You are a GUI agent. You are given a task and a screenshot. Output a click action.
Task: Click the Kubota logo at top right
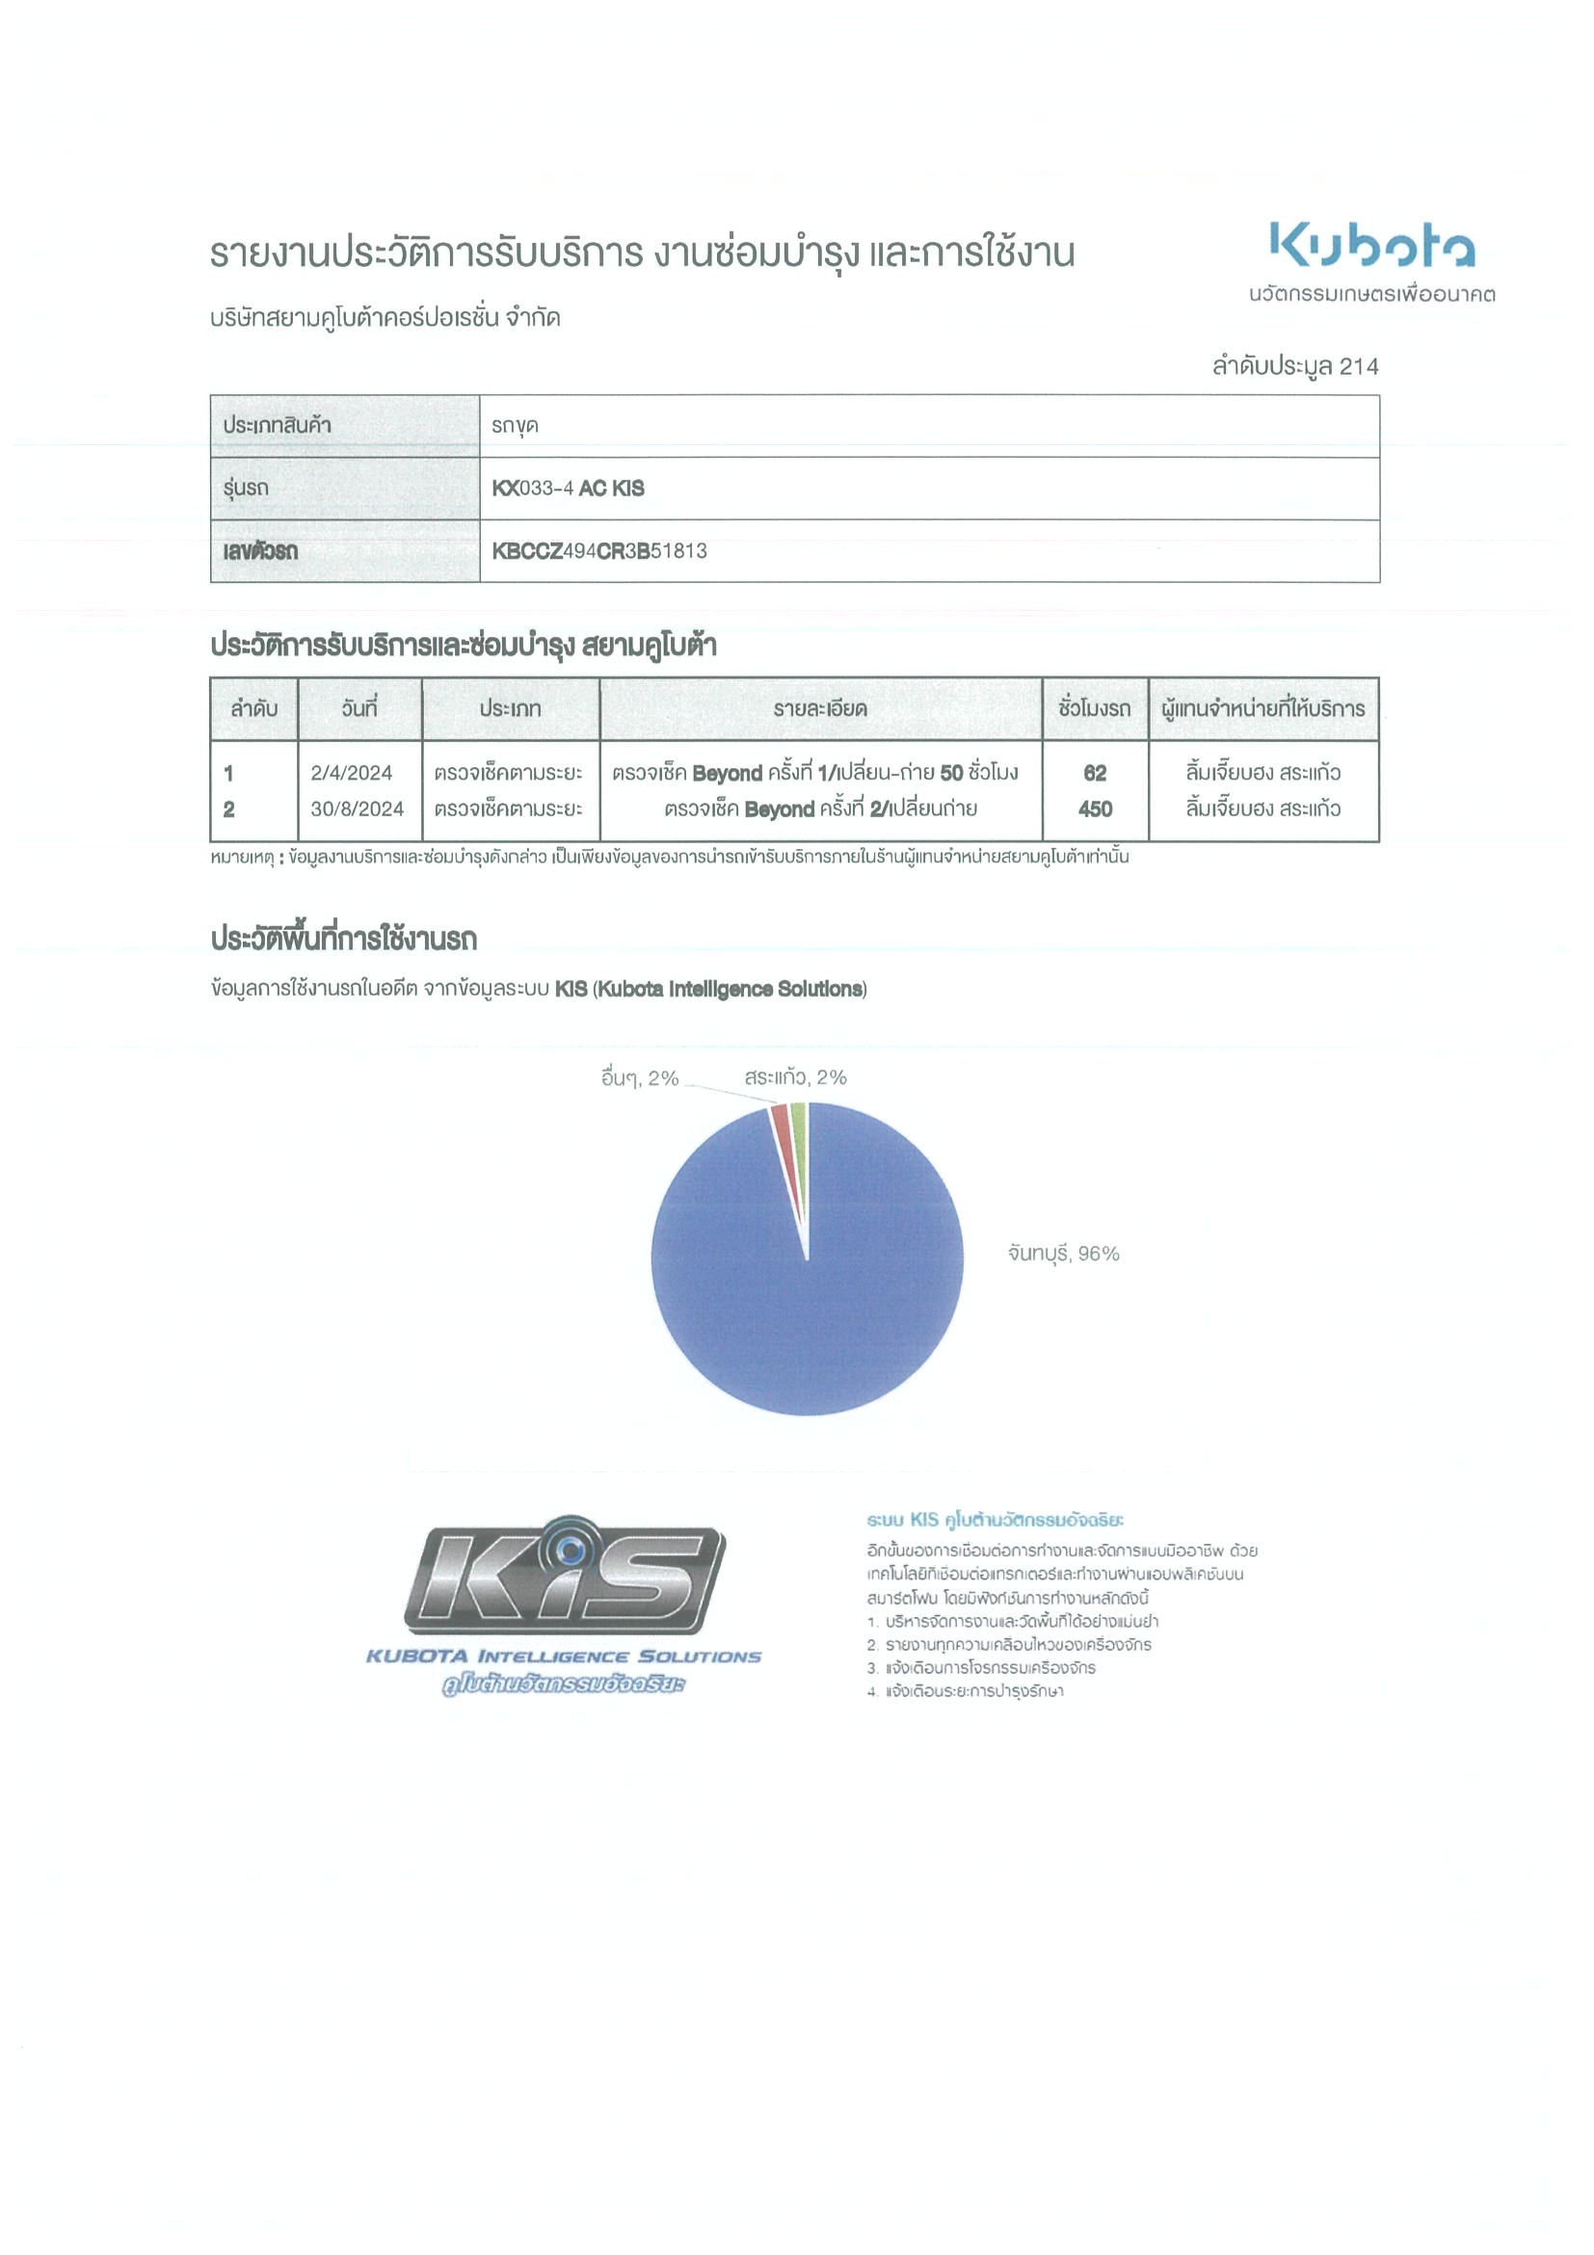point(1371,245)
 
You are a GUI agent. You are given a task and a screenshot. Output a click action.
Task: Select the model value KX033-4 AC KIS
point(568,489)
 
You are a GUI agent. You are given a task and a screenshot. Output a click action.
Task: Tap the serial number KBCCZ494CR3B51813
point(599,551)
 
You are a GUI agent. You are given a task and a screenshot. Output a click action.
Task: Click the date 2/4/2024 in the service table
point(351,773)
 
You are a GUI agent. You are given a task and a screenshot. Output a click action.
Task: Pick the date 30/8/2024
point(357,809)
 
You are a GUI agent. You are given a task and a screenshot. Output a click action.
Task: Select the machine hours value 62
point(1094,773)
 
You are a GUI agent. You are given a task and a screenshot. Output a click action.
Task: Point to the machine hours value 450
point(1094,809)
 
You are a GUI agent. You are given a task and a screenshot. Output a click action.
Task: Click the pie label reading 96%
point(1064,1253)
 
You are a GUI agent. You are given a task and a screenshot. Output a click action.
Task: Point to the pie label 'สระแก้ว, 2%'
point(794,1077)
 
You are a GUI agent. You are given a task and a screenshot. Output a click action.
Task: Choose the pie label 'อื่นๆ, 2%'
point(639,1078)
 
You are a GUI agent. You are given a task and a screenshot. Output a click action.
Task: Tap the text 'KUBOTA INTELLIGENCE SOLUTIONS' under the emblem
point(563,1657)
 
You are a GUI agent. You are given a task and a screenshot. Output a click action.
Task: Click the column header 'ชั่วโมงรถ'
point(1094,708)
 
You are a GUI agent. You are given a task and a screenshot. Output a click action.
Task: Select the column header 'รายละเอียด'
point(819,708)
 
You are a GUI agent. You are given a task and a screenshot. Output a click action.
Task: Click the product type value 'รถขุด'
point(515,426)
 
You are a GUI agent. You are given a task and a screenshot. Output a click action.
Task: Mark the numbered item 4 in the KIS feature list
point(966,1690)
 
